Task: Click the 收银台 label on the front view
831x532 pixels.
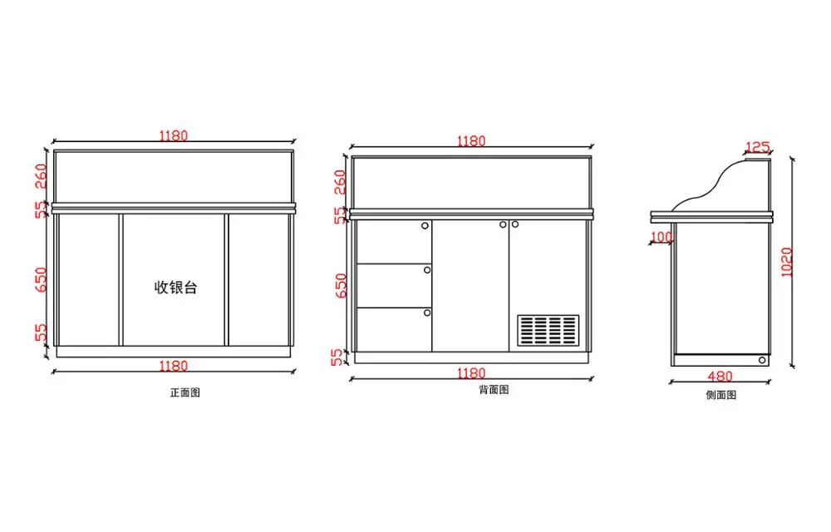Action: (176, 288)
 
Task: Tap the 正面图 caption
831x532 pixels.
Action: (184, 392)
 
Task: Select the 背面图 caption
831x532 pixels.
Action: (494, 389)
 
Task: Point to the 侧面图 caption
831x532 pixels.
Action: (720, 395)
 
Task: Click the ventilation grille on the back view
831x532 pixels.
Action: (548, 330)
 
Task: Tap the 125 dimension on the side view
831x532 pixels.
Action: (756, 148)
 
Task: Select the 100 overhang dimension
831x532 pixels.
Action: (661, 238)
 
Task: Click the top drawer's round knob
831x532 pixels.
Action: (425, 224)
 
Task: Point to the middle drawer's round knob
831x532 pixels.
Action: (427, 268)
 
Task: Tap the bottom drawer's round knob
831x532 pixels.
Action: (427, 313)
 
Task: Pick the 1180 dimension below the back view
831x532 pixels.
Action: (470, 373)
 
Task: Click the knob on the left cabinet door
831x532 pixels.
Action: (503, 224)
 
